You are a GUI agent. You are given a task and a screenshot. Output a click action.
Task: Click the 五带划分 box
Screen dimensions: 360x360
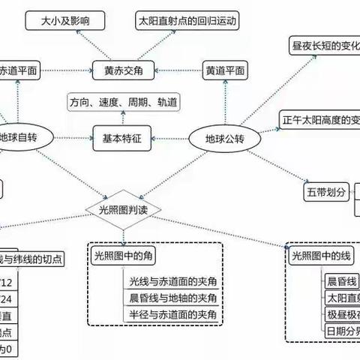point(328,192)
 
